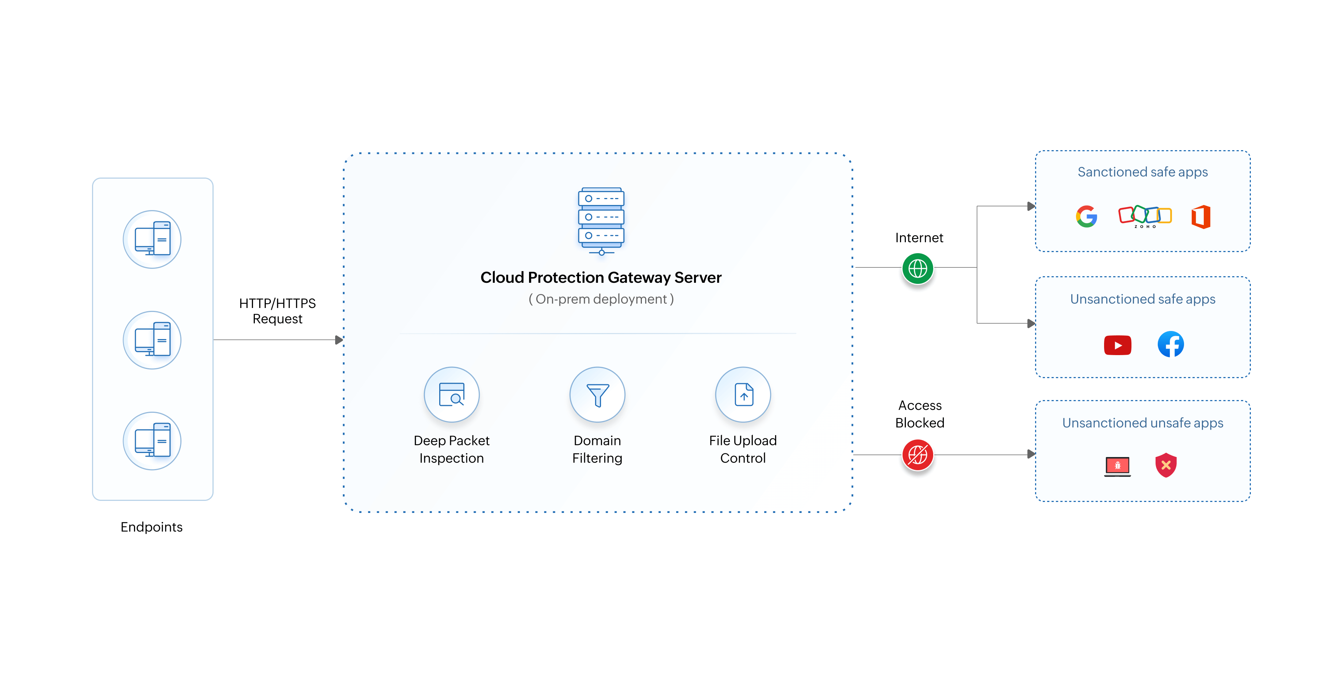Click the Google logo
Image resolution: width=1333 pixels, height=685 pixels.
coord(1086,216)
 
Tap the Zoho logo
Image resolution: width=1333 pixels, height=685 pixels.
coord(1145,216)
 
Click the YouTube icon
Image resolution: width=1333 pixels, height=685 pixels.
coord(1117,345)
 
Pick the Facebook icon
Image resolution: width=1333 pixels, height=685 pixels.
coord(1171,344)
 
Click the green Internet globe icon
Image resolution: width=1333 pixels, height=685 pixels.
coord(918,268)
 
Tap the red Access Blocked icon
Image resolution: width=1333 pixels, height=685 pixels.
coord(918,454)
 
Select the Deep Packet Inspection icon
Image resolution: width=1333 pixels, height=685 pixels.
coord(451,395)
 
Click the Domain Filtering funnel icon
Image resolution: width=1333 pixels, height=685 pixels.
coord(597,395)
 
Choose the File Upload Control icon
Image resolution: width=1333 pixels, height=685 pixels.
coord(743,395)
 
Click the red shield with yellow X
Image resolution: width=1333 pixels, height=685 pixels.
coord(1166,465)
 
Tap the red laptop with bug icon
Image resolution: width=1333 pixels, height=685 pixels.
coord(1117,466)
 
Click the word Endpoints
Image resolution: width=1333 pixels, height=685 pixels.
coord(152,527)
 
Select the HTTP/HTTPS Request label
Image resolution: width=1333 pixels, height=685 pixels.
coord(277,311)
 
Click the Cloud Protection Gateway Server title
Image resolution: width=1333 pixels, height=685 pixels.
coord(601,278)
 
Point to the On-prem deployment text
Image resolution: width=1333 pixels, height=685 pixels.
coord(601,299)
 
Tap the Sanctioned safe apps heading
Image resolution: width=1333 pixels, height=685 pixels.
coord(1142,172)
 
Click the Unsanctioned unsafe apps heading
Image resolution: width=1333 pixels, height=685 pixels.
coord(1142,423)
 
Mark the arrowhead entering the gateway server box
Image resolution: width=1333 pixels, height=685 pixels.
coord(339,340)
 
